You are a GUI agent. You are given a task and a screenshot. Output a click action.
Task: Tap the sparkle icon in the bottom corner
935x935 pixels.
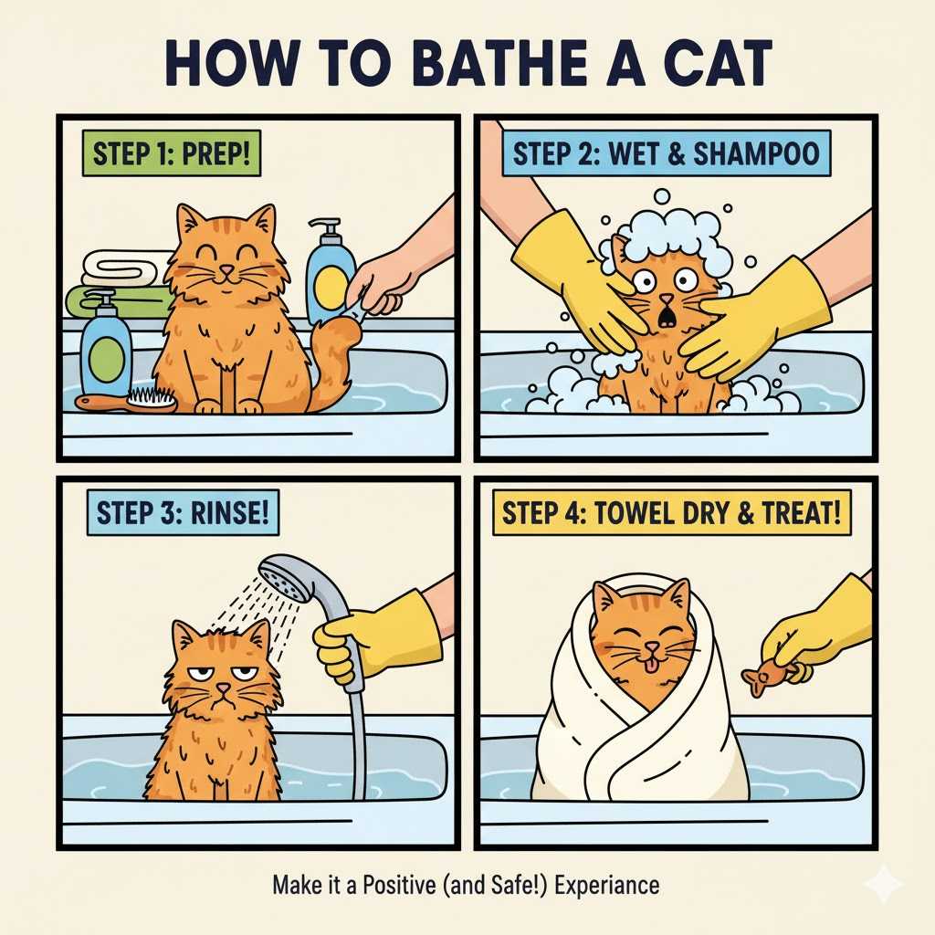click(883, 884)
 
